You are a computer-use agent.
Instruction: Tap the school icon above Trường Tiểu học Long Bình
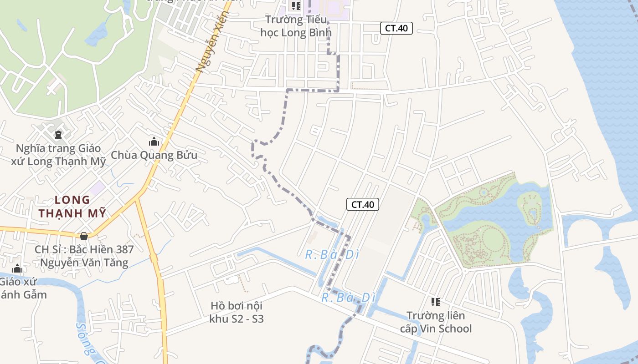tap(296, 6)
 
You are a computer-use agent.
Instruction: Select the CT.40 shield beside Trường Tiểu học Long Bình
tap(396, 28)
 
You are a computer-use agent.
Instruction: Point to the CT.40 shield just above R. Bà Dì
tap(363, 204)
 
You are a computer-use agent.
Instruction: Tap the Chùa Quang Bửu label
tap(154, 155)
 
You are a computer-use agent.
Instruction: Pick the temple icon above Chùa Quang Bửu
tap(154, 142)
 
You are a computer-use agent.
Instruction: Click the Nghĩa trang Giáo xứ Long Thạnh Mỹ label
tap(58, 155)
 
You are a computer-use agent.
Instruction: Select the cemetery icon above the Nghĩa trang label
tap(58, 134)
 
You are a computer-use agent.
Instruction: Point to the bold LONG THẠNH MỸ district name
tap(72, 206)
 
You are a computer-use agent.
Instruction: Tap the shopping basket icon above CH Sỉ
tap(84, 236)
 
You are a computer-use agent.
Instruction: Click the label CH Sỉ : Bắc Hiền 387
tap(84, 249)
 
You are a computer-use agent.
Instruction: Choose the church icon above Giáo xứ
tap(17, 268)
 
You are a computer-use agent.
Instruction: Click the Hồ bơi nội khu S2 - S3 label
tap(237, 312)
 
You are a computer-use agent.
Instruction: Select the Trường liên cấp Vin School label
tap(436, 322)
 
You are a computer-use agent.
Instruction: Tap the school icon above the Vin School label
tap(436, 302)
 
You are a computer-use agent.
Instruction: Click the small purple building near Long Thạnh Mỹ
tap(97, 187)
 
